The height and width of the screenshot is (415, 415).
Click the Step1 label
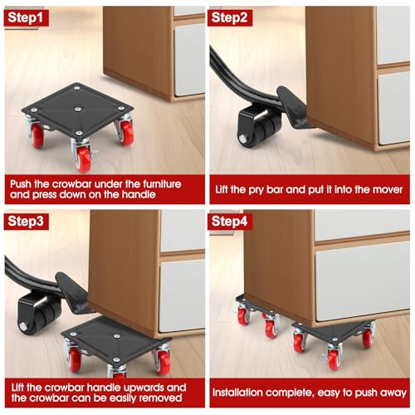click(x=32, y=16)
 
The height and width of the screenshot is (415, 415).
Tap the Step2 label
click(x=235, y=16)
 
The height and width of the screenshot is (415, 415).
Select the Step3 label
click(x=32, y=222)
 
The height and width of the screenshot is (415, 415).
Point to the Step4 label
click(x=235, y=222)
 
